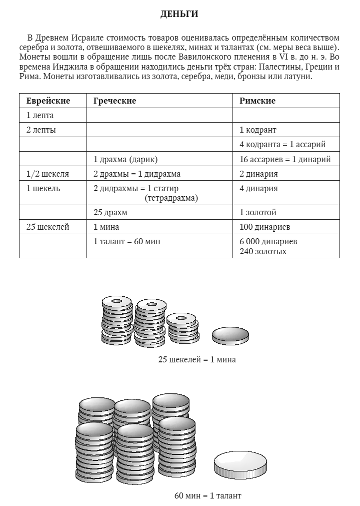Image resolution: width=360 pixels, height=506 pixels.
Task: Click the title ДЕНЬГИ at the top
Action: coord(179,15)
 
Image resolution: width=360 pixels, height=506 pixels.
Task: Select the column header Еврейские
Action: coord(48,101)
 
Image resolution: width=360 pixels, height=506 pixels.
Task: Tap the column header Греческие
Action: coord(114,101)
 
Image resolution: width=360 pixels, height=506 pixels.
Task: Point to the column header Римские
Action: coord(257,101)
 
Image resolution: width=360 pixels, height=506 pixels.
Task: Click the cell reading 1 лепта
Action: coord(40,115)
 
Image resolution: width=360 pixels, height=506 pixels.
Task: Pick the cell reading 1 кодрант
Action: coord(257,130)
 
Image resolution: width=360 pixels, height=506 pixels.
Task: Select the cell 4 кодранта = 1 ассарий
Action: coord(282,144)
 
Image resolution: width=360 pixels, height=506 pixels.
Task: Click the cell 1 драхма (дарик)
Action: coord(125,159)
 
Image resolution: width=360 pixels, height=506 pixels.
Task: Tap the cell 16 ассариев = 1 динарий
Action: coord(285,159)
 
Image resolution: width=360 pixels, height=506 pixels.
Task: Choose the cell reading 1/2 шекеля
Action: coord(47,174)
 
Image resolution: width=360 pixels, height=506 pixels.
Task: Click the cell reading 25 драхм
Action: coord(110,212)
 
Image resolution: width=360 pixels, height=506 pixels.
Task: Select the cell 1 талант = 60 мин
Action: coord(126,241)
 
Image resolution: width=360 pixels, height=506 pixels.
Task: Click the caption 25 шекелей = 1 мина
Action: coord(196,359)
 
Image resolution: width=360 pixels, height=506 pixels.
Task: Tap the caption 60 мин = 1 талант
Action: coord(207,496)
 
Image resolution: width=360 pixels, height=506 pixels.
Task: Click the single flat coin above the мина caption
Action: coord(230,336)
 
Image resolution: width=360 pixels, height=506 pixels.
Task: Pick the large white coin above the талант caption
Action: coord(239,465)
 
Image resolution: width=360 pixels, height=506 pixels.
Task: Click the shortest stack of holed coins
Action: coord(182,327)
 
